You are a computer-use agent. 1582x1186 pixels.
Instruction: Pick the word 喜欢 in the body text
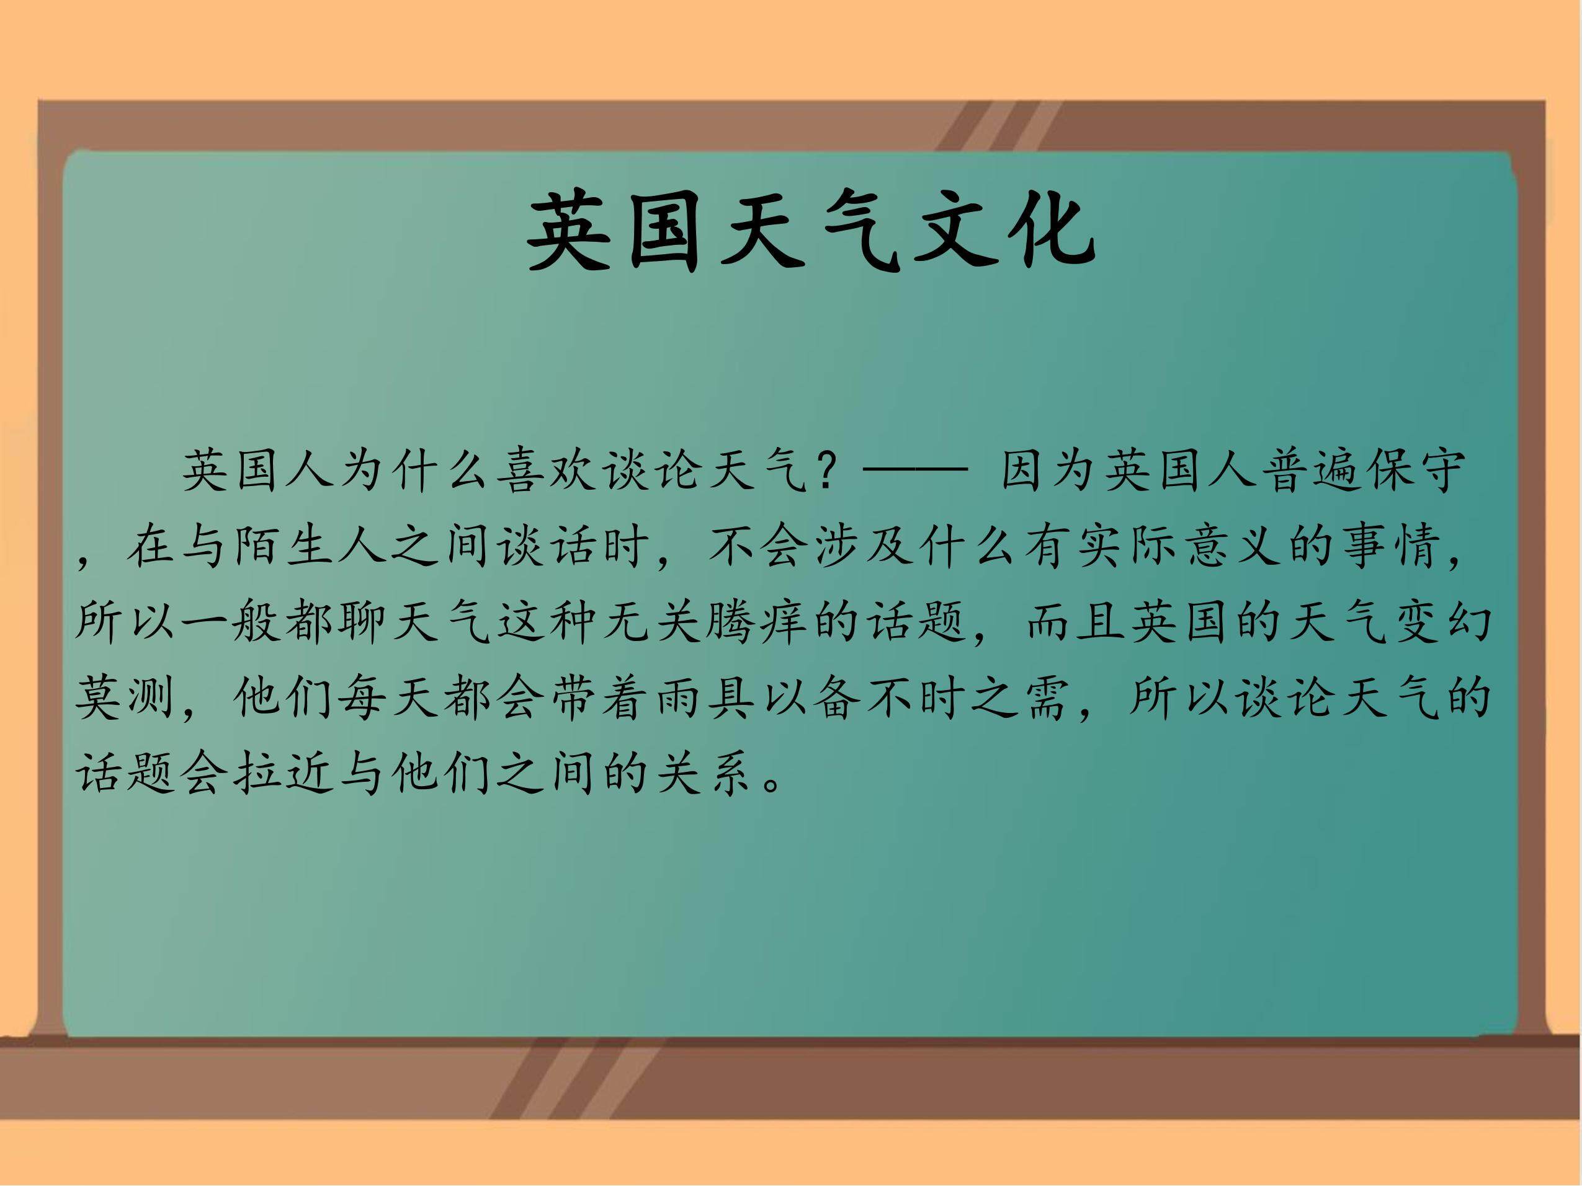click(551, 471)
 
